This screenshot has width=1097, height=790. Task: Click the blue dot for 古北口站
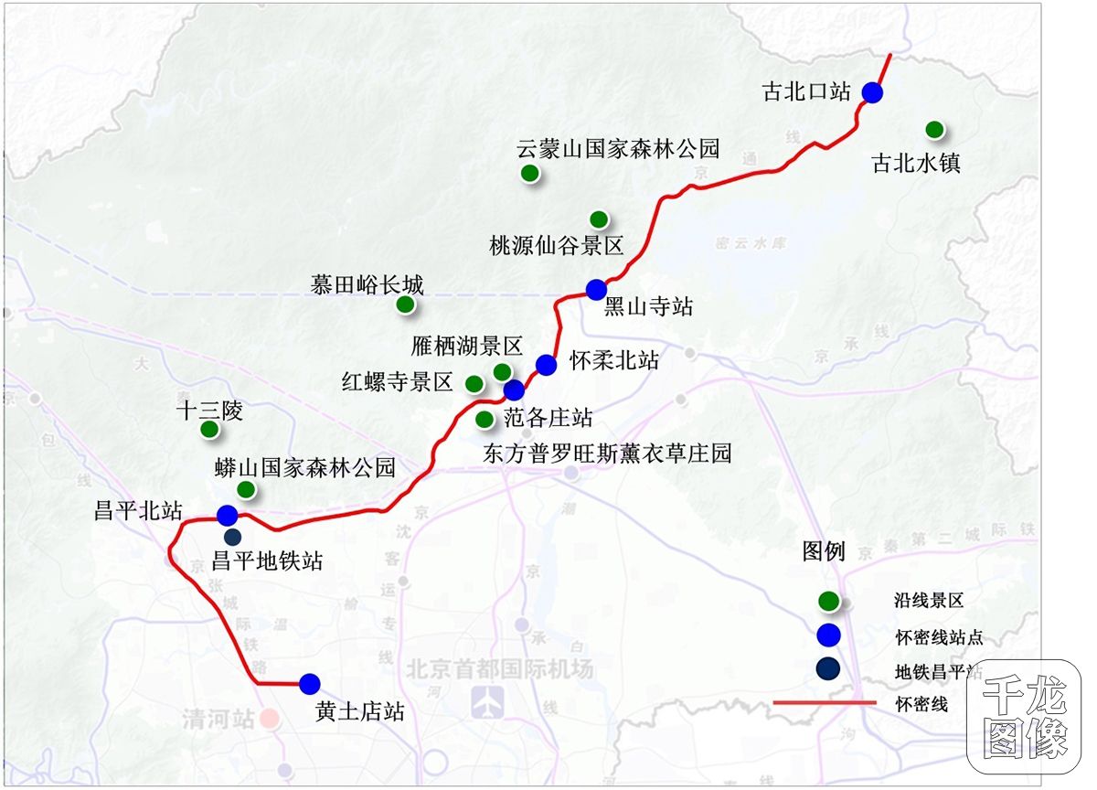872,92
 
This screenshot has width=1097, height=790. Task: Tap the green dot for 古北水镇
934,130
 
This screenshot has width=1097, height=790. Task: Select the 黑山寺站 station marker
596,289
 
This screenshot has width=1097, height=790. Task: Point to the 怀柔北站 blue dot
547,365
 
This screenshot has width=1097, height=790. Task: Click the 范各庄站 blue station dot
515,390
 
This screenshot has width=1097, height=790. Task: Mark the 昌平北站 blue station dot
228,515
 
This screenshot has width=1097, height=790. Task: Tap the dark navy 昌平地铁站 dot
232,538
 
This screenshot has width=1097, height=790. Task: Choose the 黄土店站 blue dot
309,683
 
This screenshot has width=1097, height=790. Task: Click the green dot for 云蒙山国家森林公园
528,174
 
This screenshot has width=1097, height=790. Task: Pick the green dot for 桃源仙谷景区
599,219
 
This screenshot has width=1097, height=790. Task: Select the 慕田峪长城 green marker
405,304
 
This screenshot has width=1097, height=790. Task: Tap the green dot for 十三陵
209,429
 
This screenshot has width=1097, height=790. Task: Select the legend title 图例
824,551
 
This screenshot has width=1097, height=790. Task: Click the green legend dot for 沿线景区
828,602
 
